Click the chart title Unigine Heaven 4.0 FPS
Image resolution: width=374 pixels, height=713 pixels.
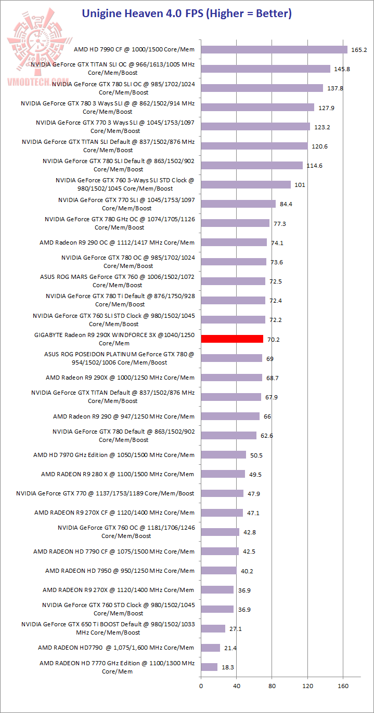point(187,14)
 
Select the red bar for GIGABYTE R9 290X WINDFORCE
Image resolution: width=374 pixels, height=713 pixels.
point(232,339)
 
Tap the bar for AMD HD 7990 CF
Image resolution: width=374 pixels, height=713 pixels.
point(274,50)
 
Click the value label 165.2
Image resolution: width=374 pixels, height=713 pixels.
point(359,50)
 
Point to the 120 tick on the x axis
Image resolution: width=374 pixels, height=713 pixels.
point(307,686)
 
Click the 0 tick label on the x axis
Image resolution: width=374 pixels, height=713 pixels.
point(201,686)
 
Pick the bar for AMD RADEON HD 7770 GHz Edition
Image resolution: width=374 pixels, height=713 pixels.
point(209,667)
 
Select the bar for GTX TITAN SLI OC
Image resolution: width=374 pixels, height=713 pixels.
point(266,69)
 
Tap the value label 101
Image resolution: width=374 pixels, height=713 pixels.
point(300,185)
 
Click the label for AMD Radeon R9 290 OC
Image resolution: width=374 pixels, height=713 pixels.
point(117,243)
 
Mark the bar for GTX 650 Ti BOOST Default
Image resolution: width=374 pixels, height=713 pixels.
point(213,629)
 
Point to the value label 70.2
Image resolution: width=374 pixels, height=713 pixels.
point(273,339)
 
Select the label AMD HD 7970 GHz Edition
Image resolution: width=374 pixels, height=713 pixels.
point(114,455)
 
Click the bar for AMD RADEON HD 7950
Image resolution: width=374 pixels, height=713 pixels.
point(219,571)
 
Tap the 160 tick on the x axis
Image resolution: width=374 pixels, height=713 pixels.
point(343,686)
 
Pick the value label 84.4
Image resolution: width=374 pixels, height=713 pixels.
point(286,204)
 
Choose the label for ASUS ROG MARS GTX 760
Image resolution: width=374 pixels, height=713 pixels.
point(117,281)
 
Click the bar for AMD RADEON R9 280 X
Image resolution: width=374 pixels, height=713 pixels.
point(223,474)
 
